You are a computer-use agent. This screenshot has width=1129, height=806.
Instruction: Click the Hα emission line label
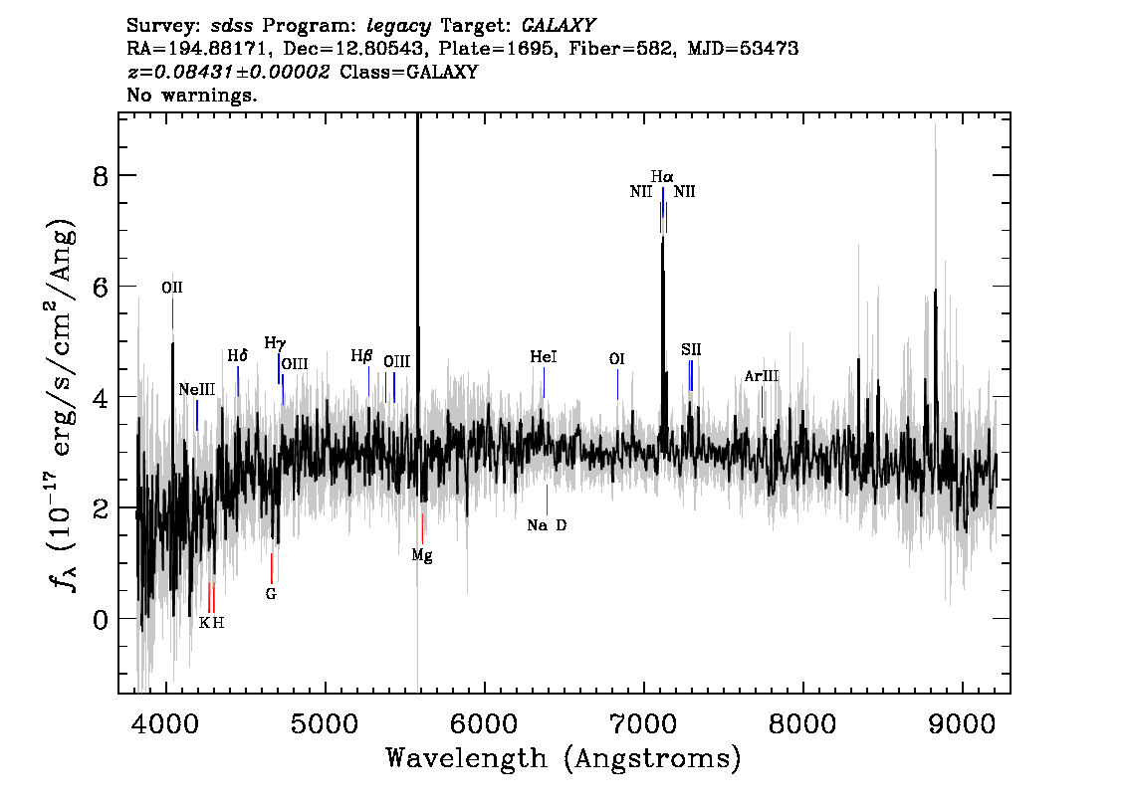[662, 176]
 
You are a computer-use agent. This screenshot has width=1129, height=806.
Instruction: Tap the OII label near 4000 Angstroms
[172, 288]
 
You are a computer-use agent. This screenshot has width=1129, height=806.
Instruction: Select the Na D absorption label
[547, 525]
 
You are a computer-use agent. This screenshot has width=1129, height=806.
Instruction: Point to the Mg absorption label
[422, 555]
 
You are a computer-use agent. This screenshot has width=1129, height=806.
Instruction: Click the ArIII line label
[762, 376]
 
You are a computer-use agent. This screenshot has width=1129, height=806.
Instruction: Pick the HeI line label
[544, 357]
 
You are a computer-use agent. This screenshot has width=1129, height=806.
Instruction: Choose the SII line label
[691, 349]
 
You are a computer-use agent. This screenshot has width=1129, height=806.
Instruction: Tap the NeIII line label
[197, 389]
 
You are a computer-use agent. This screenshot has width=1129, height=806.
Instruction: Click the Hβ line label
[362, 355]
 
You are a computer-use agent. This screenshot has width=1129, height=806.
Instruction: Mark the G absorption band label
[271, 594]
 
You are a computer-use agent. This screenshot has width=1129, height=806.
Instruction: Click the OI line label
[617, 359]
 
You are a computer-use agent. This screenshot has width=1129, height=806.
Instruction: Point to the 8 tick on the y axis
[101, 176]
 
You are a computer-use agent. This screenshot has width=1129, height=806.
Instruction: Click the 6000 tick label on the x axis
[485, 723]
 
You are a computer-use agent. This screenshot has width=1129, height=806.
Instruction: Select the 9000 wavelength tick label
[962, 723]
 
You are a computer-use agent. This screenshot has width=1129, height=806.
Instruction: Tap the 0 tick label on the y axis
[101, 620]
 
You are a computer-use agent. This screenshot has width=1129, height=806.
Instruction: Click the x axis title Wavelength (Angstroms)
[564, 758]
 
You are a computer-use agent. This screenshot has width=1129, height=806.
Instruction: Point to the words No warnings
[191, 95]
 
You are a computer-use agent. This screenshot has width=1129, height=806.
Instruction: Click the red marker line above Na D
[548, 500]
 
